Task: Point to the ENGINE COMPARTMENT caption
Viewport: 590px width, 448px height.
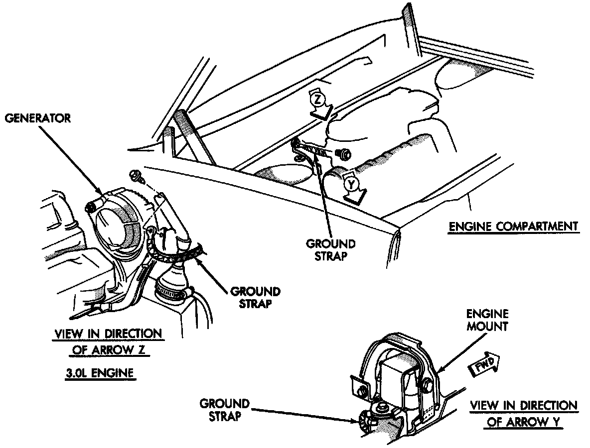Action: click(x=513, y=226)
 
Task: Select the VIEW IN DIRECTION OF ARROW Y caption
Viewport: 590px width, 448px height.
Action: click(x=524, y=414)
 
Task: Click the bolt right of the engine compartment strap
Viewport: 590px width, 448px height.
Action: click(x=342, y=153)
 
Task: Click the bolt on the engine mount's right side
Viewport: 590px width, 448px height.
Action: click(x=428, y=385)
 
